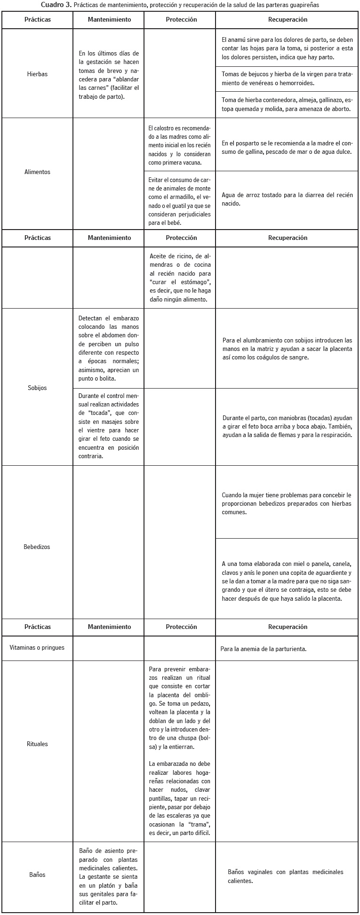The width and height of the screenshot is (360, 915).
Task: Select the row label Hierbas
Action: click(x=38, y=74)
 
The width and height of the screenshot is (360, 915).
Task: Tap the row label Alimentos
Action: click(x=37, y=172)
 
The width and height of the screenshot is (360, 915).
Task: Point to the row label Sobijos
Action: click(x=38, y=388)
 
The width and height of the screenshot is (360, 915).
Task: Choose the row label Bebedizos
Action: click(x=37, y=547)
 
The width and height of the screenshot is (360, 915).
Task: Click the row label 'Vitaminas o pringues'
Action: click(x=37, y=648)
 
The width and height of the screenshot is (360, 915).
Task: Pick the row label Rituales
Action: click(x=37, y=744)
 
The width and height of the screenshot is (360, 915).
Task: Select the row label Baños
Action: click(x=38, y=875)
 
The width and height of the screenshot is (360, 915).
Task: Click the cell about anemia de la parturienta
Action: click(x=264, y=649)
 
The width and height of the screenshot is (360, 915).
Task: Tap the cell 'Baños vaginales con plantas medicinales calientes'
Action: click(x=285, y=876)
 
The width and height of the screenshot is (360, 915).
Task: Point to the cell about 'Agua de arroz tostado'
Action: click(x=287, y=199)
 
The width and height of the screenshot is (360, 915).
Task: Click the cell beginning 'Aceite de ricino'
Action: click(x=180, y=278)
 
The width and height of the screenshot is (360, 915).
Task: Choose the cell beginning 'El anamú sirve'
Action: click(x=287, y=48)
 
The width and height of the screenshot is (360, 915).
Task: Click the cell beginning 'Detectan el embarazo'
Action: click(x=109, y=348)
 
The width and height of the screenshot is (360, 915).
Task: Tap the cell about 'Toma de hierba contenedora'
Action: click(x=287, y=104)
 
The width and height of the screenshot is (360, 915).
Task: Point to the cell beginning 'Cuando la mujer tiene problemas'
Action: click(x=287, y=503)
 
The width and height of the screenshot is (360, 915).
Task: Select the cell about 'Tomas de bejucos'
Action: click(x=287, y=78)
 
